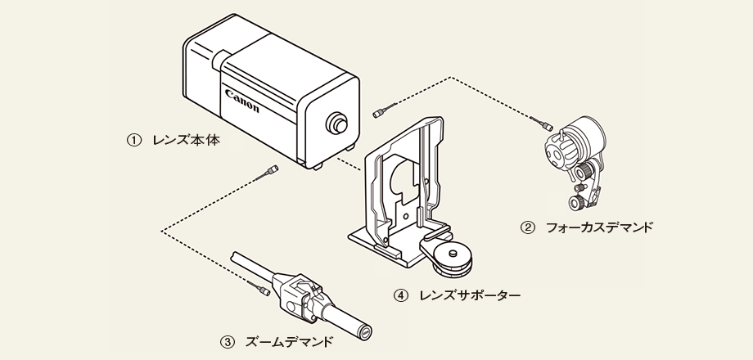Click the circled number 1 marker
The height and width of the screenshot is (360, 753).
(x=132, y=140)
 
